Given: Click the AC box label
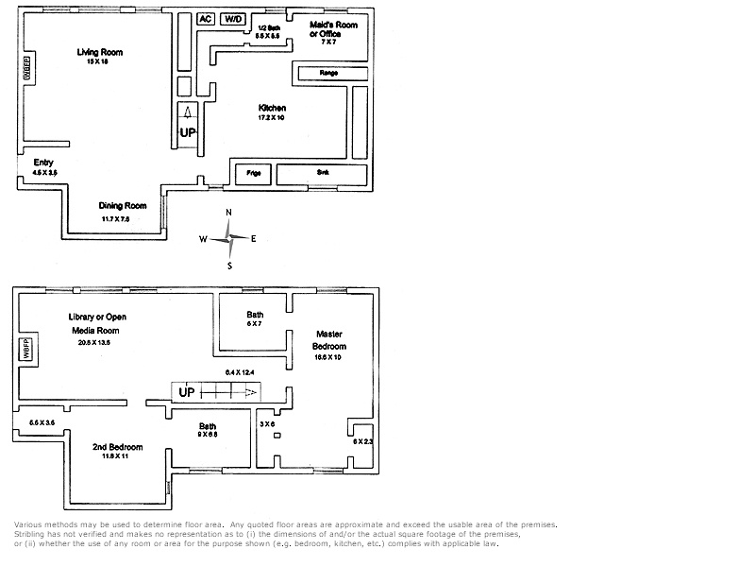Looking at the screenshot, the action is pyautogui.click(x=205, y=19).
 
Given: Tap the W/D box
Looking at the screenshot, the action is pyautogui.click(x=232, y=19).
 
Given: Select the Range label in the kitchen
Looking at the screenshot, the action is pyautogui.click(x=328, y=72).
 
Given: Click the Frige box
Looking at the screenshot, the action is pyautogui.click(x=253, y=174).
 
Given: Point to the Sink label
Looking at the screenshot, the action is pyautogui.click(x=323, y=174).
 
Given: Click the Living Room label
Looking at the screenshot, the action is pyautogui.click(x=100, y=52).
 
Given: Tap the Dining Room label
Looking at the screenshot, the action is pyautogui.click(x=123, y=205).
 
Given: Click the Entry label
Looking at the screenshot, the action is pyautogui.click(x=43, y=163).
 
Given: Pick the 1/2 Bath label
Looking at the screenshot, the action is pyautogui.click(x=268, y=28).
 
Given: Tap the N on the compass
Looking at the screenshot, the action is pyautogui.click(x=228, y=214).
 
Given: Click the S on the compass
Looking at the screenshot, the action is pyautogui.click(x=228, y=266).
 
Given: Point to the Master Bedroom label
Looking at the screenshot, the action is pyautogui.click(x=329, y=340).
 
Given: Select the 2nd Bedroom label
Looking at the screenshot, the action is pyautogui.click(x=117, y=446).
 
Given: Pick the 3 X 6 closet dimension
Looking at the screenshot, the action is pyautogui.click(x=267, y=424).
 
